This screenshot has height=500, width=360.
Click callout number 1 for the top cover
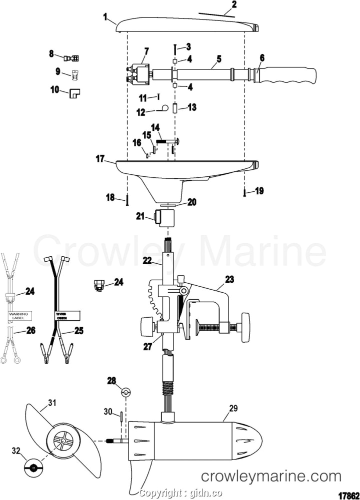click(x=105, y=17)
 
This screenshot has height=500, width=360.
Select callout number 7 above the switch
click(x=146, y=51)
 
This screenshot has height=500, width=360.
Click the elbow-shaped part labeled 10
click(x=75, y=93)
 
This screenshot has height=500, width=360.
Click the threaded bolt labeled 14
click(x=167, y=141)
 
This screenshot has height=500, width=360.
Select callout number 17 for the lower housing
click(x=100, y=159)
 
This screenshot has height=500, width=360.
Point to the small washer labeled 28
click(x=126, y=393)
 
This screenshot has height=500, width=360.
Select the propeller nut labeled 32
click(x=33, y=468)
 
